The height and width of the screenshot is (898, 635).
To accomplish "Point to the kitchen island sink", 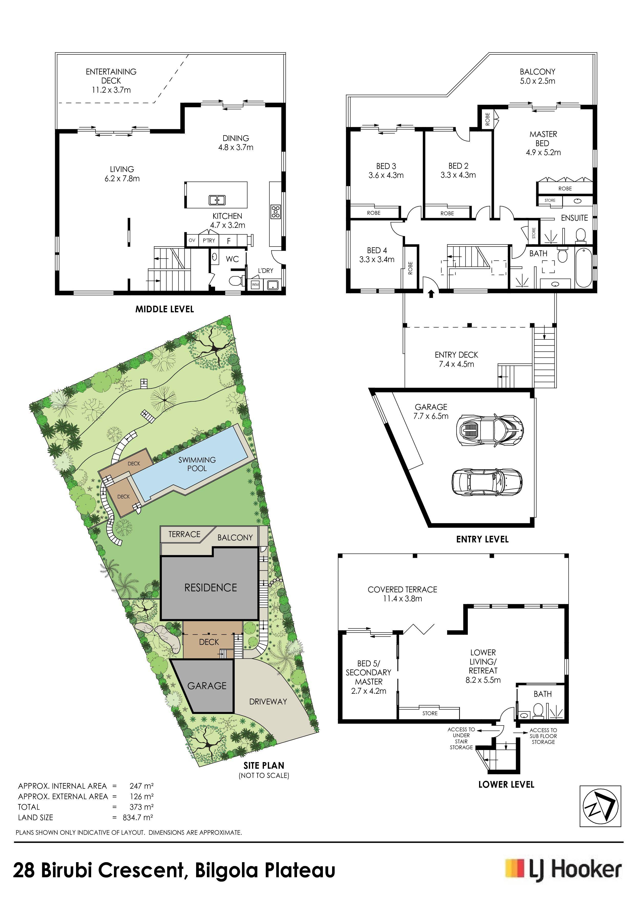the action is click(217, 200).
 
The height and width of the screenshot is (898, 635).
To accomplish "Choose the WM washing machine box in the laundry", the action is click(255, 284).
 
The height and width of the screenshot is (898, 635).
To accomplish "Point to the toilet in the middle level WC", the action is click(236, 281).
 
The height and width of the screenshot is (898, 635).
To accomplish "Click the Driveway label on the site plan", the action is click(268, 702).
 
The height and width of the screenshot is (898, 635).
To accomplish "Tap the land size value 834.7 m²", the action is click(138, 817).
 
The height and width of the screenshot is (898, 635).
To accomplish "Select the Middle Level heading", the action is click(165, 309).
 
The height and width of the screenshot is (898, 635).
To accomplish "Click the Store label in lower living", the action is click(430, 713).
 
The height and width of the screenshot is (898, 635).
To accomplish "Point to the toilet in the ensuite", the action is click(581, 235).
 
